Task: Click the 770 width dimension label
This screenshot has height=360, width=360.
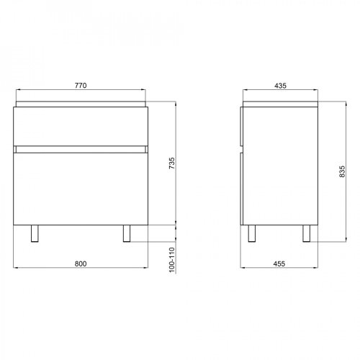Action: pos(81,86)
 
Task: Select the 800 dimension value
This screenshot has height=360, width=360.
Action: pos(81,264)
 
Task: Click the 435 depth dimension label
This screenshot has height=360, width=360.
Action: pos(281,86)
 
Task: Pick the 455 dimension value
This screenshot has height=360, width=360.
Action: pos(281,264)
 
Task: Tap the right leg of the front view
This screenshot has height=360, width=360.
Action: pos(128,233)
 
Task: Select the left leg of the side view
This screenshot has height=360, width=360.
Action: pos(253,233)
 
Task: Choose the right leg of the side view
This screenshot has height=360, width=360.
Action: pos(306,233)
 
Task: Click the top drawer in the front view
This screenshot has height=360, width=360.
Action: pos(81,126)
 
